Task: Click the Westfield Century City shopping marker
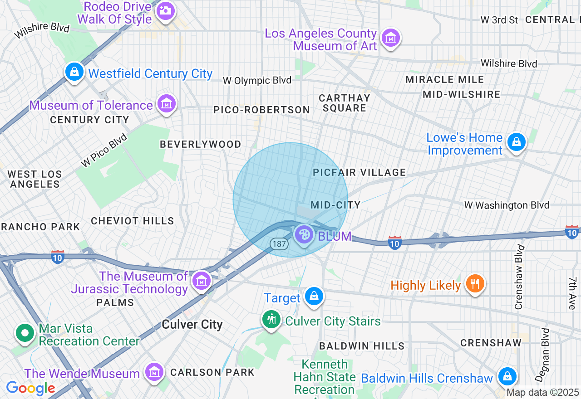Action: [x=74, y=72]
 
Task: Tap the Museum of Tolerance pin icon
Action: [x=167, y=104]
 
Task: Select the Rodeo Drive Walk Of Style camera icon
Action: [x=165, y=11]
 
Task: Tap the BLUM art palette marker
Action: [x=304, y=235]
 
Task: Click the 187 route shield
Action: [x=279, y=244]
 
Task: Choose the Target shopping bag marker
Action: [x=313, y=297]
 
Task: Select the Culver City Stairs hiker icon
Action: [x=271, y=320]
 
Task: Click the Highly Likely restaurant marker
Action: [x=475, y=284]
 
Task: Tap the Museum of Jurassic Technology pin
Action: [x=201, y=281]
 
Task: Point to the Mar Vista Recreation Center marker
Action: [x=25, y=334]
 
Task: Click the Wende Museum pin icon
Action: [x=154, y=372]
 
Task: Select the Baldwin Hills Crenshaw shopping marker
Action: [x=507, y=376]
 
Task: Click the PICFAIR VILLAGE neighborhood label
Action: [x=359, y=172]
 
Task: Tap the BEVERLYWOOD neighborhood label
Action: [x=201, y=144]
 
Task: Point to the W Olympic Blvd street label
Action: [x=257, y=81]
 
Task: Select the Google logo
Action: [x=30, y=389]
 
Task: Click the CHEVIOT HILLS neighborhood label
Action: [x=133, y=221]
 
